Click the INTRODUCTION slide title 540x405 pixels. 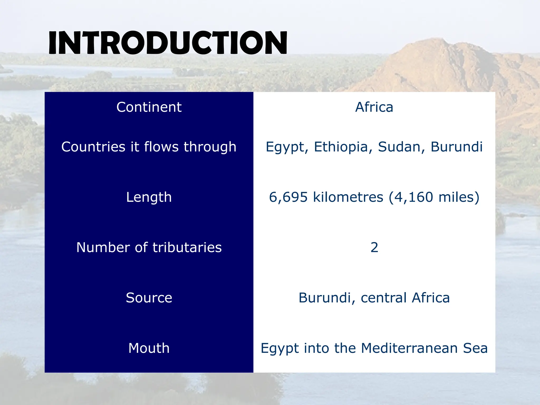click(168, 43)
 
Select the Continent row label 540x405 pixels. click(149, 107)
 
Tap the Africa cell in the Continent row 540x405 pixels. click(374, 107)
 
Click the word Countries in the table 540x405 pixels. click(93, 147)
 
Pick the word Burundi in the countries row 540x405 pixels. click(456, 147)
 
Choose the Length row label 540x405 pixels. click(149, 197)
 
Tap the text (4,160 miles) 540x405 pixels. click(434, 197)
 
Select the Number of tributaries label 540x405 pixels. click(149, 248)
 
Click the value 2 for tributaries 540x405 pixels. click(374, 248)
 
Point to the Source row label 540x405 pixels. click(149, 298)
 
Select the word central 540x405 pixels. click(384, 298)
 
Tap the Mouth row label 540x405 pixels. click(149, 348)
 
